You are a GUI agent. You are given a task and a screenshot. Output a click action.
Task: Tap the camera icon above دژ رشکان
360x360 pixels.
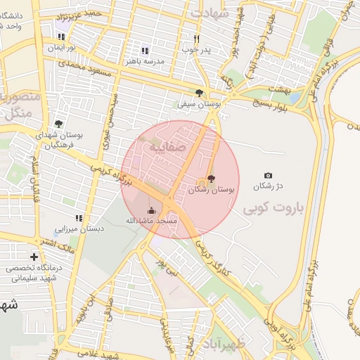click(267, 175)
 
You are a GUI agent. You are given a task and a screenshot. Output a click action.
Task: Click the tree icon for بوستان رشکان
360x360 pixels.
click(212, 179)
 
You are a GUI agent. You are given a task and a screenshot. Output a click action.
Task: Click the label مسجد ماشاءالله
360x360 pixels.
click(153, 221)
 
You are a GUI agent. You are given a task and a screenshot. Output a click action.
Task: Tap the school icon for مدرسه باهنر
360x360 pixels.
click(145, 51)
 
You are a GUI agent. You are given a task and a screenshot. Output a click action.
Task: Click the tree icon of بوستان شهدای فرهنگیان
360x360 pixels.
click(58, 124)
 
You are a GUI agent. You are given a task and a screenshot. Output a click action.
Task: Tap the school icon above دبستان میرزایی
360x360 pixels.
click(79, 218)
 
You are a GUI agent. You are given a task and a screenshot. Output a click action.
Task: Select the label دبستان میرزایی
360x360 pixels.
click(79, 229)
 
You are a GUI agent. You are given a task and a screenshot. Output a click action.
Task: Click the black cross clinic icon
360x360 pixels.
click(34, 257)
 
